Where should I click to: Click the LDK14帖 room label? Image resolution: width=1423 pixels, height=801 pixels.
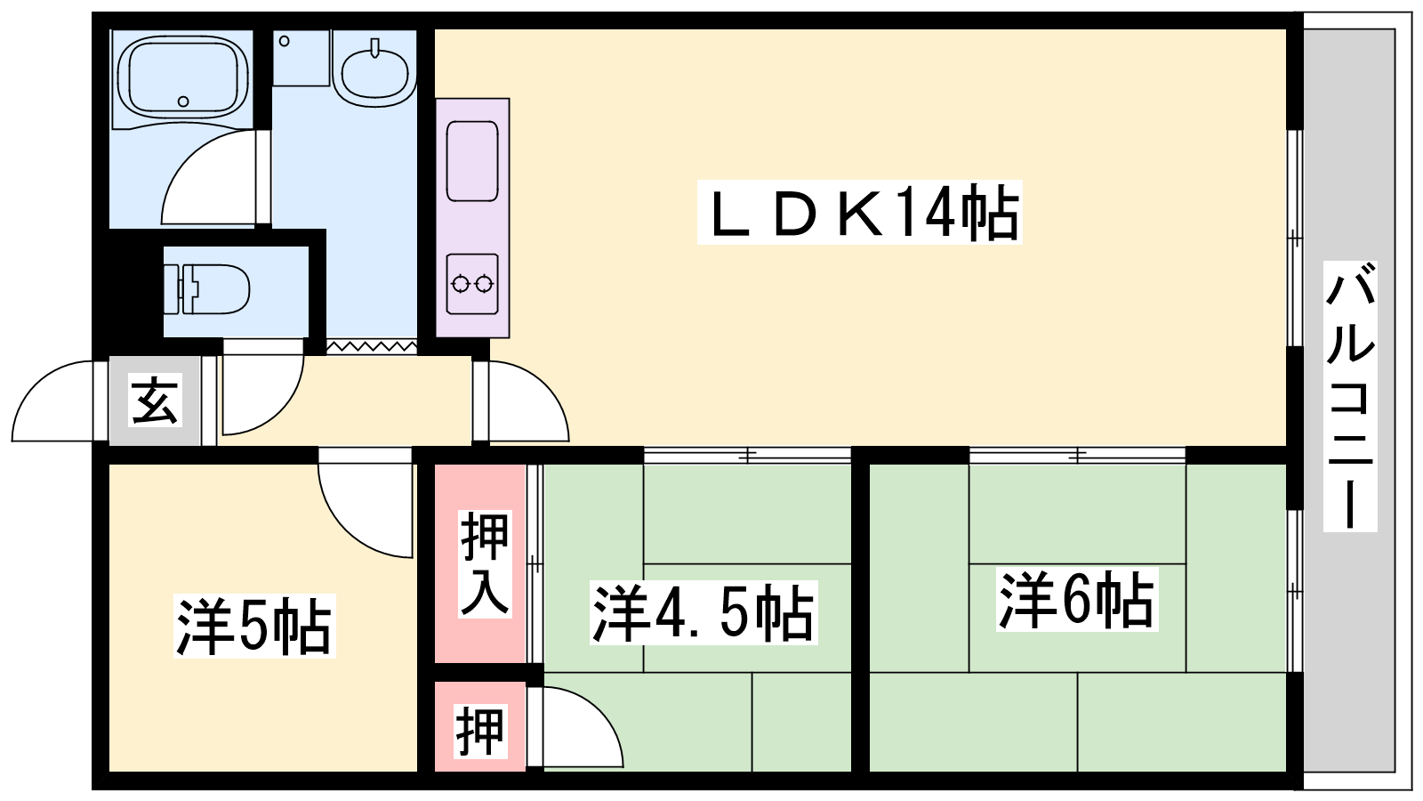click(859, 213)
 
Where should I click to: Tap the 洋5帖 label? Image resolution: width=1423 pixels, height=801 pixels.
click(254, 626)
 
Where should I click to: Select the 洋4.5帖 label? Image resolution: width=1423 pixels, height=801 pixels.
click(703, 613)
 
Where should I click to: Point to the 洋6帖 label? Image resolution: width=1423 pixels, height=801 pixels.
click(1077, 600)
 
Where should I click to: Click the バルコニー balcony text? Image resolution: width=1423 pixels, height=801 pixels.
click(1350, 396)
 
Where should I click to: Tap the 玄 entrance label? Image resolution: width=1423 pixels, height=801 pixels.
click(155, 400)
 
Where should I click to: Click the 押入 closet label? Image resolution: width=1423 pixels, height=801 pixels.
click(485, 564)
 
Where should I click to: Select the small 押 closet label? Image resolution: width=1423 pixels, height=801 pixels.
click(480, 732)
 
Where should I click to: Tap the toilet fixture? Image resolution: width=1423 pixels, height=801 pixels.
click(206, 290)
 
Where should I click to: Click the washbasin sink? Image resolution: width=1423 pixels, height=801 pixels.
click(374, 71)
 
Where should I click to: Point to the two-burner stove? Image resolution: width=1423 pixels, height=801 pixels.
click(472, 284)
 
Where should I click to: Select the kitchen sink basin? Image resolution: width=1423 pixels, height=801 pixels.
click(472, 161)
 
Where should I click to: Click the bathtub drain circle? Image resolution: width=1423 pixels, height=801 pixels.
click(183, 101)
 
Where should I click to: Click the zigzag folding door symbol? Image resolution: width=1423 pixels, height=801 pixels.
click(372, 346)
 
